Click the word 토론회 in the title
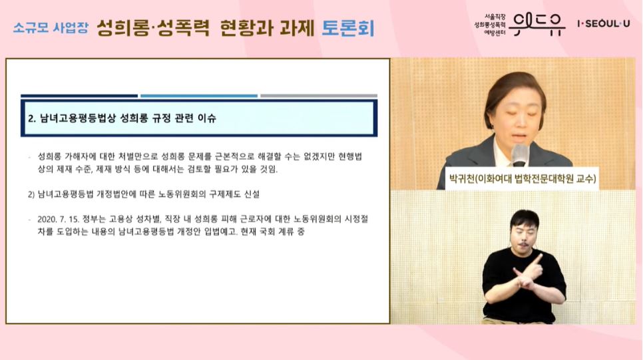tap(348, 28)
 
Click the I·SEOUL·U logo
tap(603, 24)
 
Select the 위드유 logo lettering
tap(539, 24)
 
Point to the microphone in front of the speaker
tap(520, 154)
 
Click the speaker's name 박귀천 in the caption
tap(467, 178)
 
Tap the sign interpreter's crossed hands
tap(530, 274)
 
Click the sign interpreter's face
tap(525, 232)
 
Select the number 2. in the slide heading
tap(31, 120)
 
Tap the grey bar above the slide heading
tap(318, 96)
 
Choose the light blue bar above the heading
tap(199, 96)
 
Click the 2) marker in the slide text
tap(31, 194)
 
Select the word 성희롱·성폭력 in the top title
tap(153, 28)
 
